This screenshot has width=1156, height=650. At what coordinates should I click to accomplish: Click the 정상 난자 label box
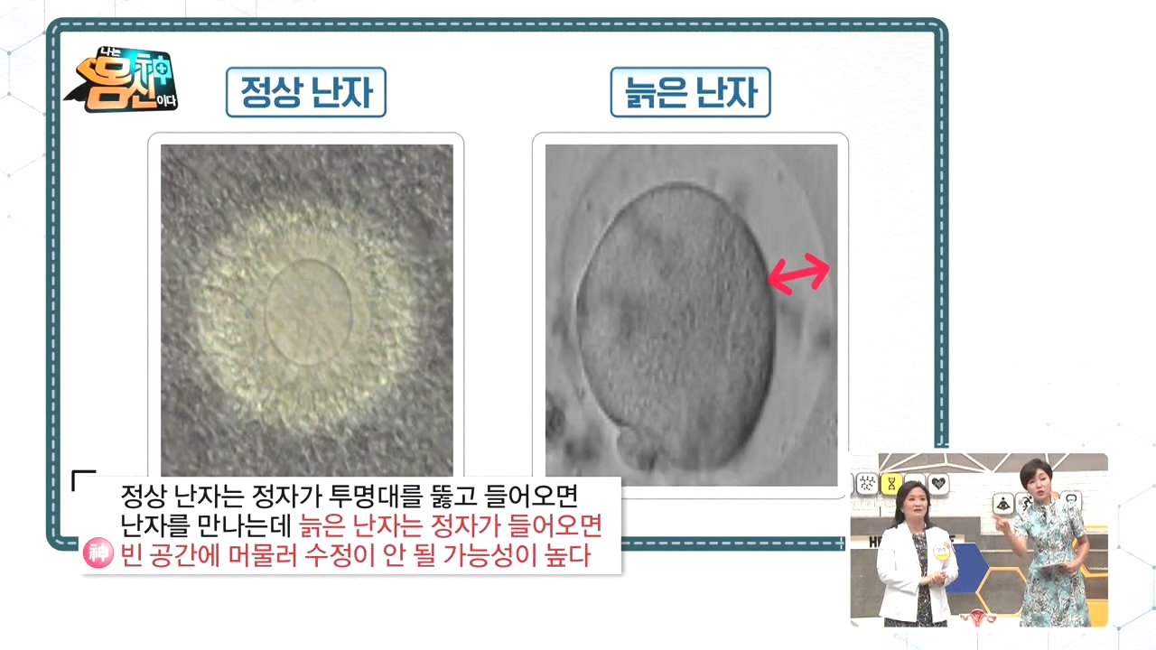pos(306,92)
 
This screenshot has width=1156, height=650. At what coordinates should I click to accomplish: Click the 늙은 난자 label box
pos(691,92)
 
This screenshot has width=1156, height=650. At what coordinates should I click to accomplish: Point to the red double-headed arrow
pos(799,274)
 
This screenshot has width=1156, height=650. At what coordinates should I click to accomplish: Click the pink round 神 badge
pos(98,553)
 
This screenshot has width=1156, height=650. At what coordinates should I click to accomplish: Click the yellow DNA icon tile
pos(891,484)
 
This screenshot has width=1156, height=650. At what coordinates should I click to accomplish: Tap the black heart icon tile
pos(938,484)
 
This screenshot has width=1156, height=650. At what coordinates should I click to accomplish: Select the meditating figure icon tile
pos(1002,504)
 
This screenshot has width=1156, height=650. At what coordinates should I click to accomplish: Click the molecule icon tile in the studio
pos(867,484)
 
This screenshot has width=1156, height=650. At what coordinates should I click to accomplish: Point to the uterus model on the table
pos(977,617)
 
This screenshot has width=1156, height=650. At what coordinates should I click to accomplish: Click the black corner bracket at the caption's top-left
pos(82,479)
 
